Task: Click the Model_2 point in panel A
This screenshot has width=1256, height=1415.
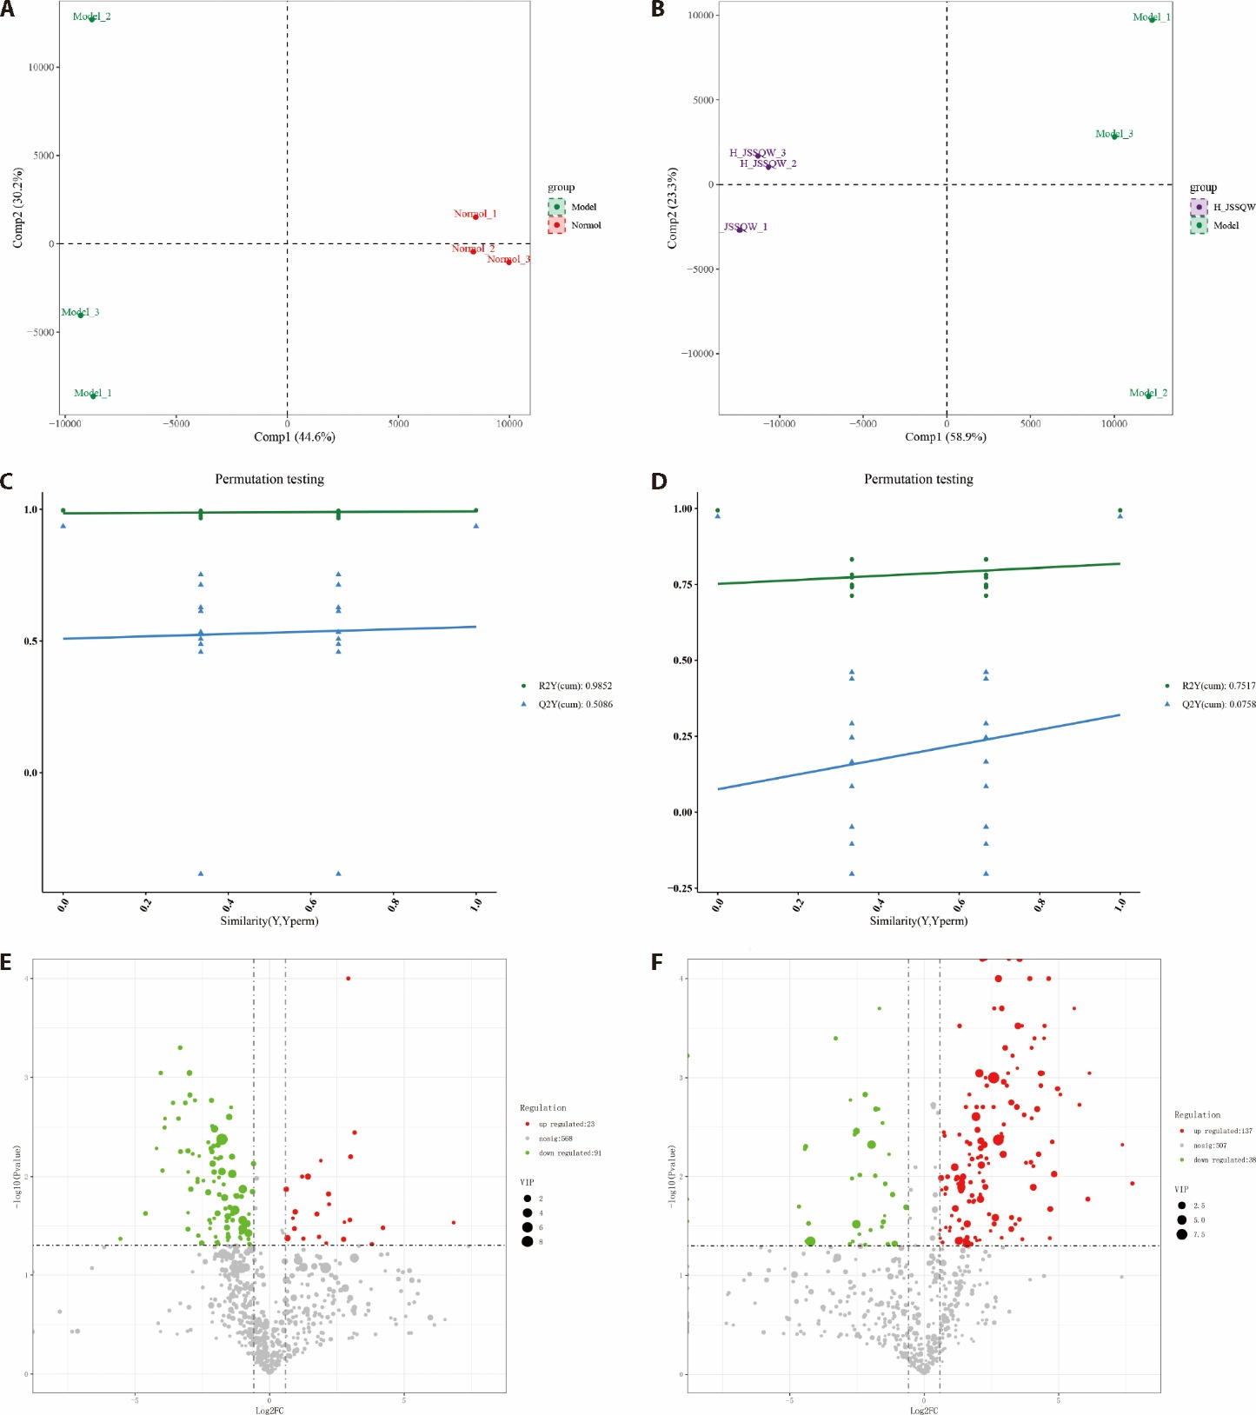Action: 92,18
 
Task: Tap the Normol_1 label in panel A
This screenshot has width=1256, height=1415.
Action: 475,214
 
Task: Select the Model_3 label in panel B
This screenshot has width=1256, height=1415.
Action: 1113,134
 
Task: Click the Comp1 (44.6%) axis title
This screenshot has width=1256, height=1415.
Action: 294,437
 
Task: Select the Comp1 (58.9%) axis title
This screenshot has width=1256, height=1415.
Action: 945,437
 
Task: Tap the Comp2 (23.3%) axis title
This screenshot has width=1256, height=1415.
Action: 672,209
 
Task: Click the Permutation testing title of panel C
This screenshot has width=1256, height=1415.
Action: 269,479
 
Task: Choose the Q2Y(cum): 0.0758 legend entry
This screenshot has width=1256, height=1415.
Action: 1218,704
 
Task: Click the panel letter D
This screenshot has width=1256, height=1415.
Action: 659,481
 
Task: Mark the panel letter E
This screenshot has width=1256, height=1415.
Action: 6,961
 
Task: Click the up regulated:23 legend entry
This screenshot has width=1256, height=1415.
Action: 566,1124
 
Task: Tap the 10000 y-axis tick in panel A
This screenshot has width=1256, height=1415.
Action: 42,67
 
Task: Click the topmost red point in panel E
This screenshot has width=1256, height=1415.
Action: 348,978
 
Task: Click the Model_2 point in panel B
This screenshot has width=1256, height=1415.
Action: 1148,395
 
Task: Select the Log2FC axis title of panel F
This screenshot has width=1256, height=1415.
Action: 923,1410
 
